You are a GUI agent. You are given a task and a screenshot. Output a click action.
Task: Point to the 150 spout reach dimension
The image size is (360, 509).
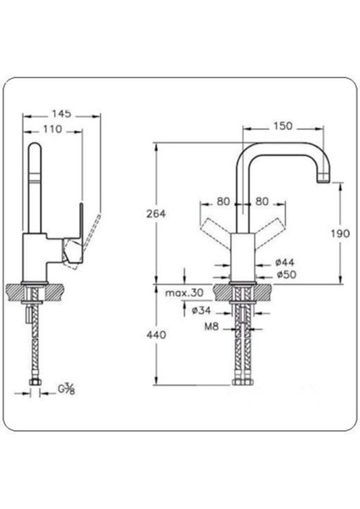284,126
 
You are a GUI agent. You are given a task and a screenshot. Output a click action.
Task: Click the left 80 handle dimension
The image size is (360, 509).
223,202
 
